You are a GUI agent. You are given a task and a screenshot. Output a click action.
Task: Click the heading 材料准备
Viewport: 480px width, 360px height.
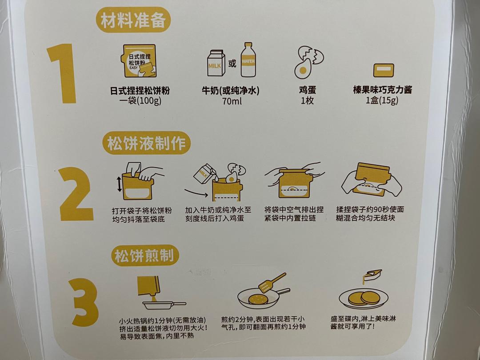[x=133, y=21]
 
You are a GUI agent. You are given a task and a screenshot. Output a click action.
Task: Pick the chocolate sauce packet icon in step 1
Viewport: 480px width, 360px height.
[x=383, y=70]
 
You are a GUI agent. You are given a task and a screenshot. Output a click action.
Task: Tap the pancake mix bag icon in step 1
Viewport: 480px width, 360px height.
[x=138, y=62]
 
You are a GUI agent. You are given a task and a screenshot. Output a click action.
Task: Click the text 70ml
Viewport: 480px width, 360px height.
[x=232, y=101]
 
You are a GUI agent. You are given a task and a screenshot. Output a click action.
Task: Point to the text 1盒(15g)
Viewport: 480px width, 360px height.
[x=382, y=100]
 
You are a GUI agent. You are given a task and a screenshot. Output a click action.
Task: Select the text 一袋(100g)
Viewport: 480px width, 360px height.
[x=140, y=101]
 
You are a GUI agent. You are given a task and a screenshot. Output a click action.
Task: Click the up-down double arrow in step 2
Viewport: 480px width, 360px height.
[x=119, y=185]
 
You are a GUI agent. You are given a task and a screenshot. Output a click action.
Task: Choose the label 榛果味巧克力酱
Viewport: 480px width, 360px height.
[x=382, y=90]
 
